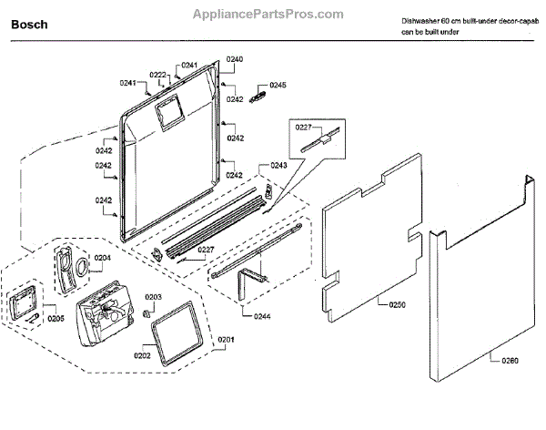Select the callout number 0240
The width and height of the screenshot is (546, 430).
coord(235,59)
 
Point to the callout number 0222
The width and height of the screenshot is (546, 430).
coord(157,75)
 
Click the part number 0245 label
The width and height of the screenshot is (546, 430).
coord(278,85)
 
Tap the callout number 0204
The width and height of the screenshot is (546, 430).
coord(103,258)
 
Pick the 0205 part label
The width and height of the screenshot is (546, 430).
coord(56,319)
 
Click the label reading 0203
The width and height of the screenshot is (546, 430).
coord(153,297)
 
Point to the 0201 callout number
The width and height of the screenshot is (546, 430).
coord(225,341)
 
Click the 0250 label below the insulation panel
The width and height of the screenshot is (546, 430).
coord(397,305)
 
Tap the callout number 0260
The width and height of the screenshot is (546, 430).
coord(510,361)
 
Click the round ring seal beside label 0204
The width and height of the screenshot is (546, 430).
coord(81,267)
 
